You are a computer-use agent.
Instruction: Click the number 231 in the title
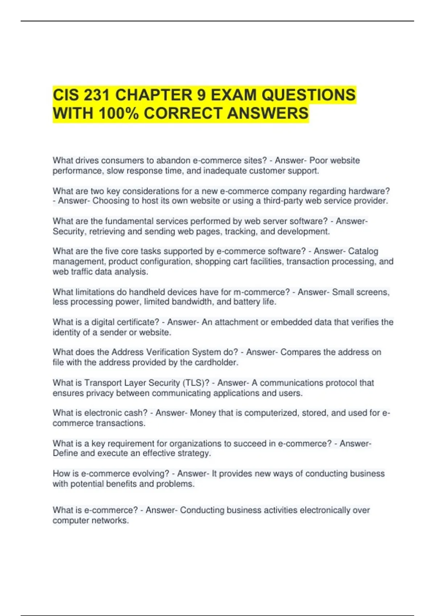[97, 95]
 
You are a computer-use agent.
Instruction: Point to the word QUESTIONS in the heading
[308, 95]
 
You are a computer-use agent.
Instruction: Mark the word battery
[246, 302]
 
